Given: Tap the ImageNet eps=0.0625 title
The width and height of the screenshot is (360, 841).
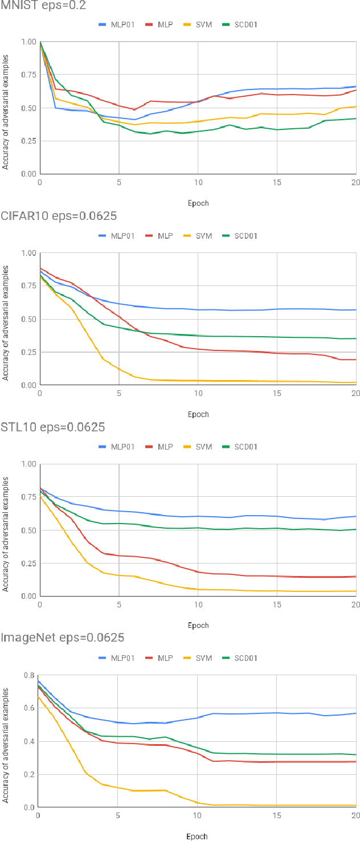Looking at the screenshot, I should pos(62,638).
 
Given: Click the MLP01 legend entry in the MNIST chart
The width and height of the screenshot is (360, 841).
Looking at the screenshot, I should pos(117,25).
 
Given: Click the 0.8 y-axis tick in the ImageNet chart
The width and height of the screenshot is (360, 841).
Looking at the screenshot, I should pos(27,676).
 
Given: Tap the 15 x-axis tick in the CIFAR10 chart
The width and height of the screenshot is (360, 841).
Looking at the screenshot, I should pos(277,394).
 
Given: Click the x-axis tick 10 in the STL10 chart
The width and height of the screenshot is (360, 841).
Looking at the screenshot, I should pos(198,605).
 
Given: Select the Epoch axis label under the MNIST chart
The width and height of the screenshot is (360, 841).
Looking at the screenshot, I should pos(198,203).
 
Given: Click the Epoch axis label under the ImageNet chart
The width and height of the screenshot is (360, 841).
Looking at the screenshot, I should pos(197,836).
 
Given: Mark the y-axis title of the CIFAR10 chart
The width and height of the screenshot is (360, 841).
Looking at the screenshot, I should pos(6,319).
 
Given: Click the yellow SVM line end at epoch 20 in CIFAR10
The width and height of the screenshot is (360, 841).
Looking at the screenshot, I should pos(355,382).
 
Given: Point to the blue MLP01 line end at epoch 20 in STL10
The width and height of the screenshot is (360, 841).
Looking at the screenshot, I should pos(355,516).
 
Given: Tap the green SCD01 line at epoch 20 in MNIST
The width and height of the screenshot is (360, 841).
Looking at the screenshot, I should pos(355,119).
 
